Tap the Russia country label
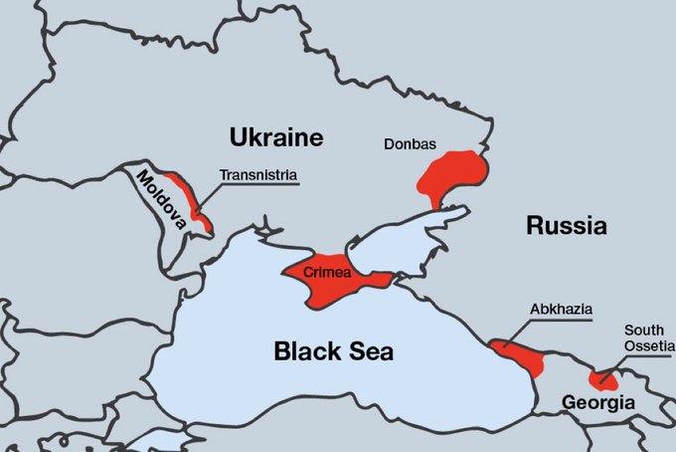tap(566, 226)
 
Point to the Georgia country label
tap(597, 403)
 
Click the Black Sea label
tap(333, 351)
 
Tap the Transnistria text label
tap(258, 175)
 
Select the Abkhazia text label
tap(561, 310)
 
